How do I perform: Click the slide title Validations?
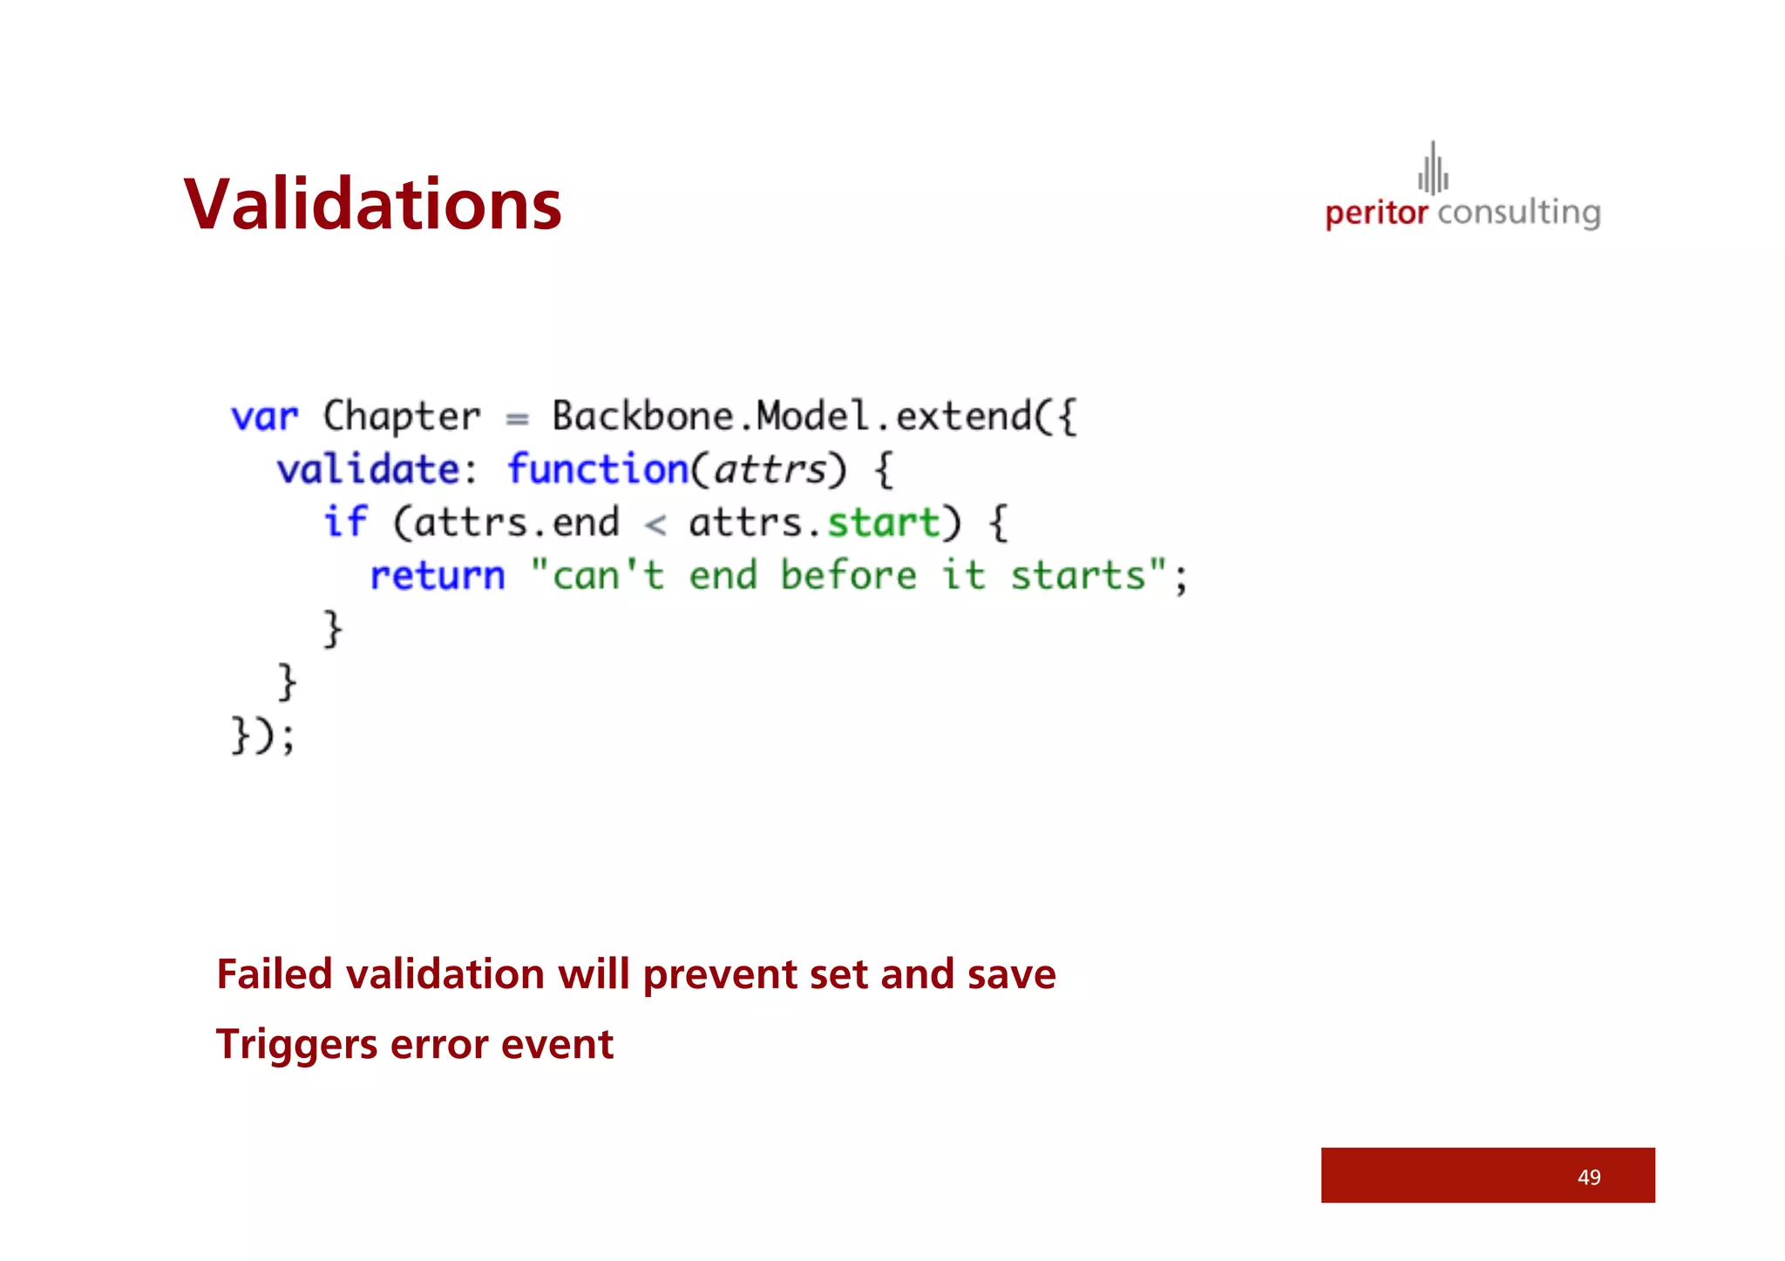[x=372, y=205]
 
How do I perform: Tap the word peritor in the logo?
[x=1376, y=214]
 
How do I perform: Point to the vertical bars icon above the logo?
[x=1433, y=168]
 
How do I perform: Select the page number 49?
[x=1589, y=1177]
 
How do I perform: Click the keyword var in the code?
[x=264, y=417]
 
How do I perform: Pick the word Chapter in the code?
[x=401, y=417]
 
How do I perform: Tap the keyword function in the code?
[x=598, y=470]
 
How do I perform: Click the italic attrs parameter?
[x=770, y=471]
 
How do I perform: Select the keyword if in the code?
[x=346, y=522]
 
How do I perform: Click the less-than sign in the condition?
[x=655, y=525]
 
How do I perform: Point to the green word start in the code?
[x=884, y=523]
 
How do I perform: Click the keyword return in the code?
[x=438, y=576]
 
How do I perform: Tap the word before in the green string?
[x=848, y=576]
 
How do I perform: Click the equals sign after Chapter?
[x=517, y=419]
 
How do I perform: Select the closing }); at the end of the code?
[x=263, y=735]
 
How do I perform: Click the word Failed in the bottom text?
[x=275, y=974]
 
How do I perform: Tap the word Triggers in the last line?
[x=296, y=1045]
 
